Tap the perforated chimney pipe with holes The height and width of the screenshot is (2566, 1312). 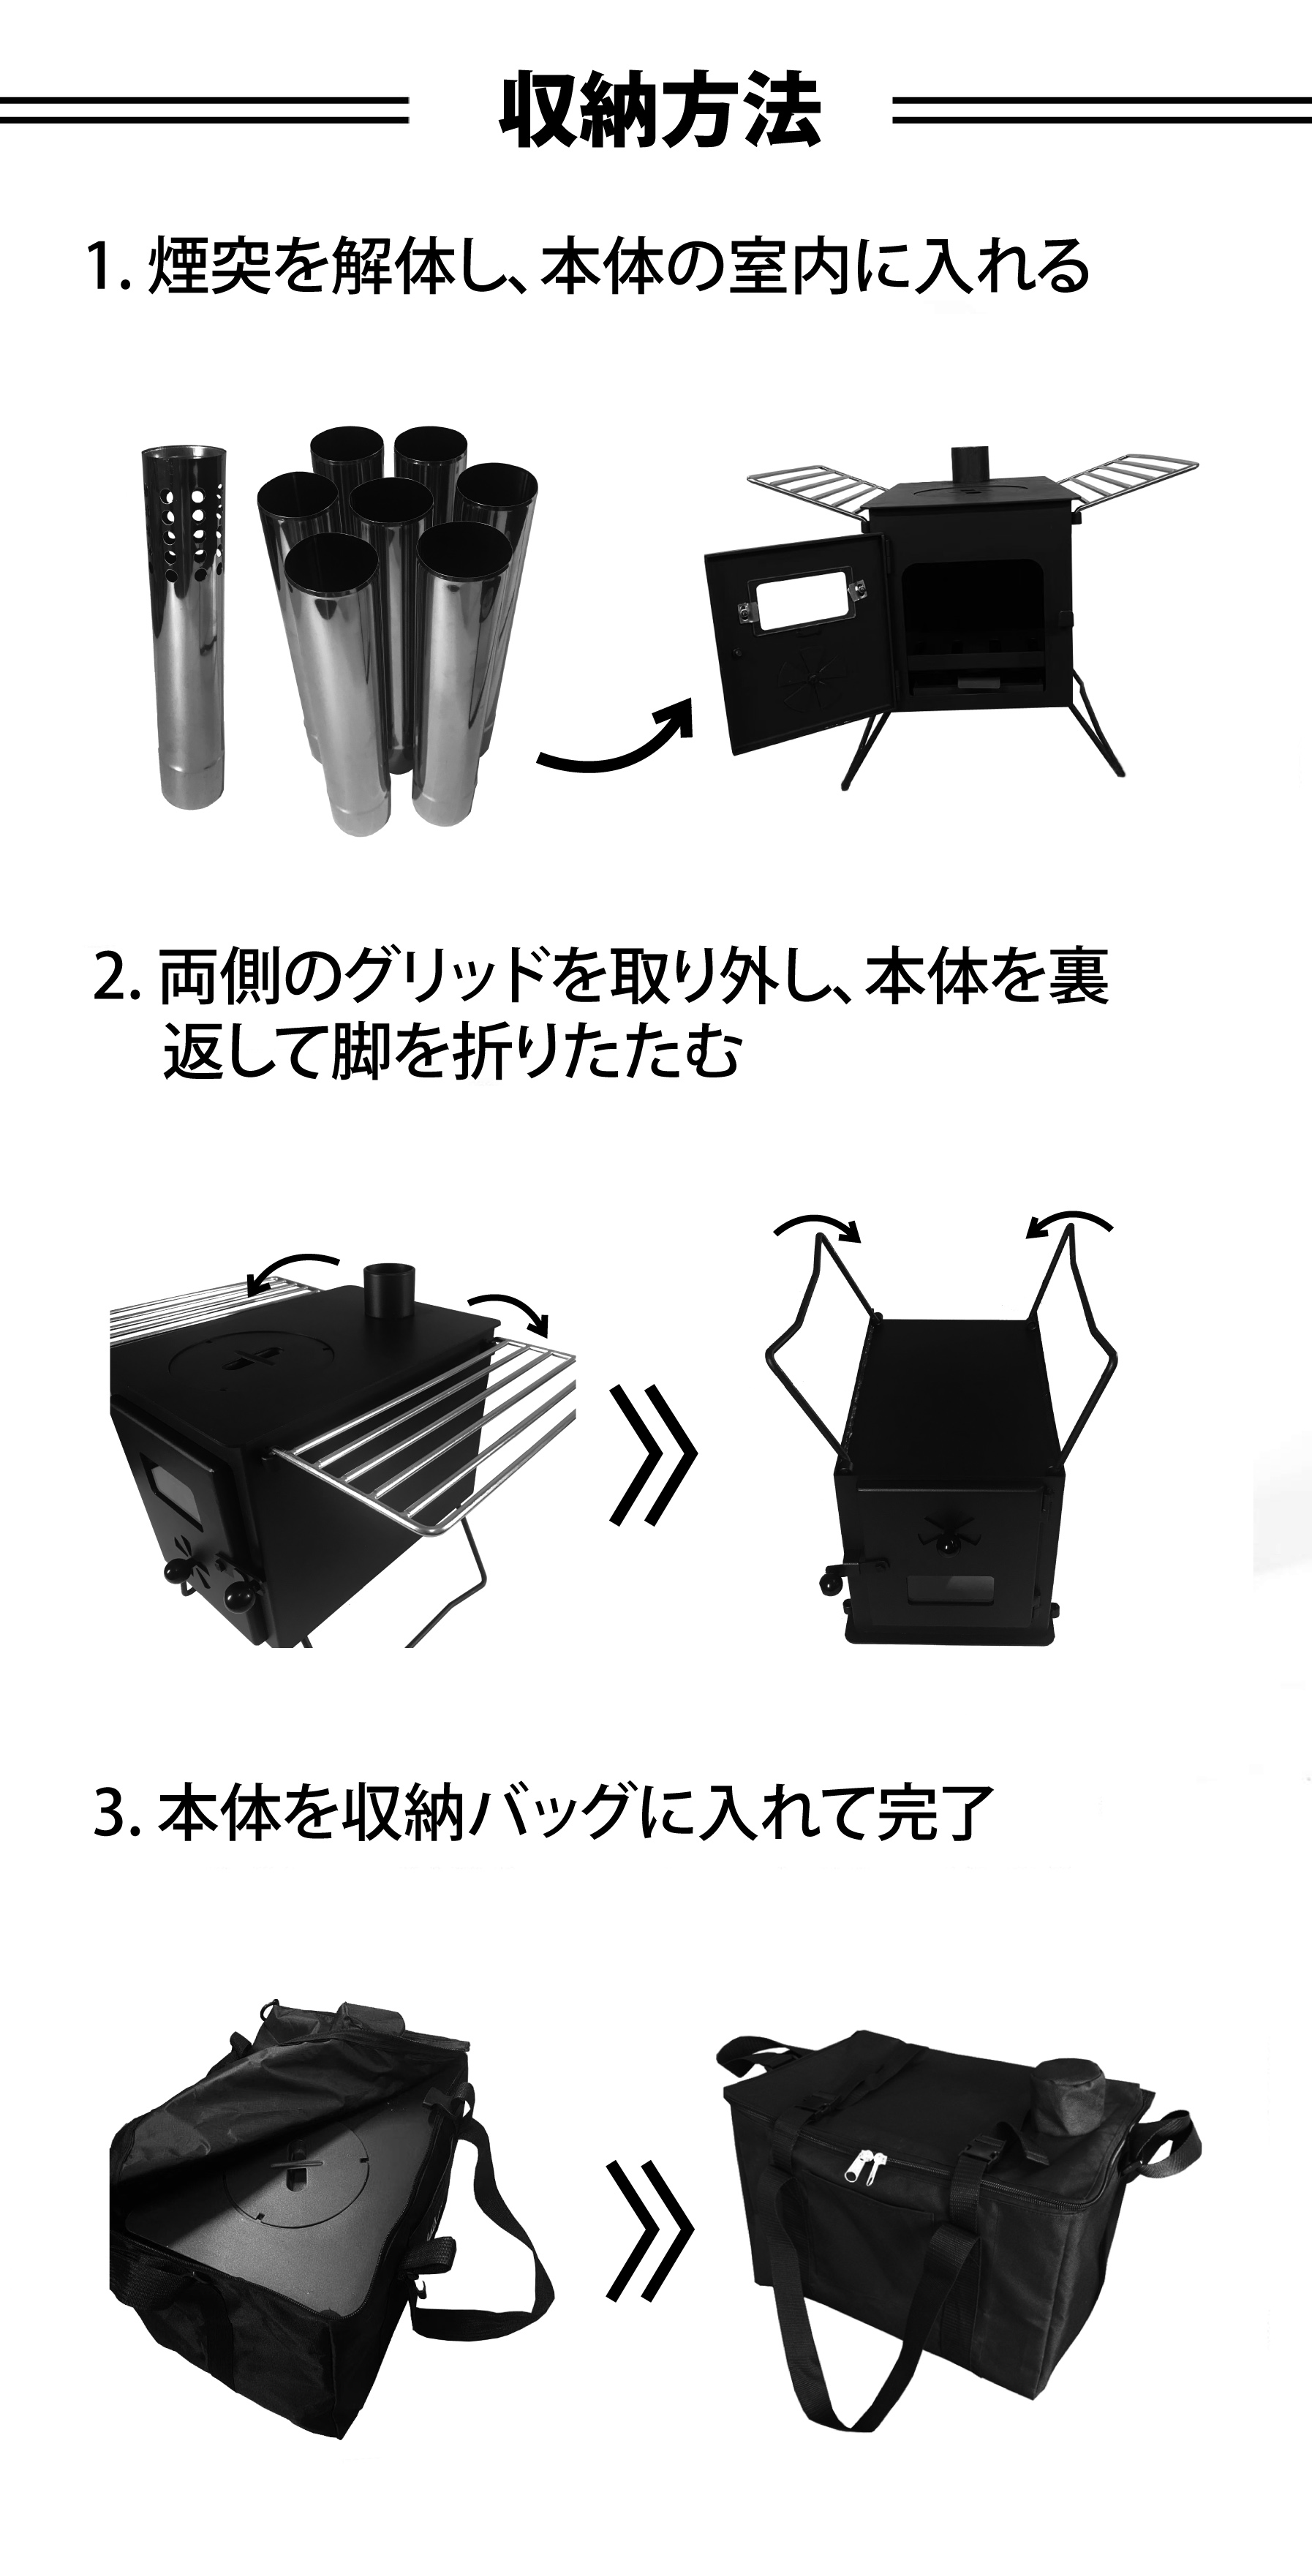click(184, 627)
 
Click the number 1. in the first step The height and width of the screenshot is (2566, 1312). click(108, 269)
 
